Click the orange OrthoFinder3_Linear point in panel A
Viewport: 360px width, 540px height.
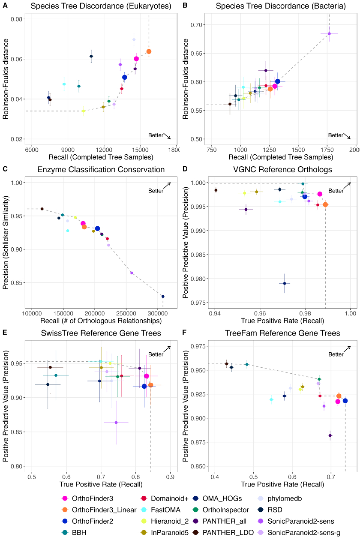coord(149,51)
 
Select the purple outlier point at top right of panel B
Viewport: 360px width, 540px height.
coord(329,33)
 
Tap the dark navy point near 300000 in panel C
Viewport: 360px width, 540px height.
coord(163,297)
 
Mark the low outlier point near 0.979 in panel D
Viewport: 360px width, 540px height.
coord(285,283)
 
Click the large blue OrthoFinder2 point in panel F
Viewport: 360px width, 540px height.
coord(345,401)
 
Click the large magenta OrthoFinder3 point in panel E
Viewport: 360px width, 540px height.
coord(147,376)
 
